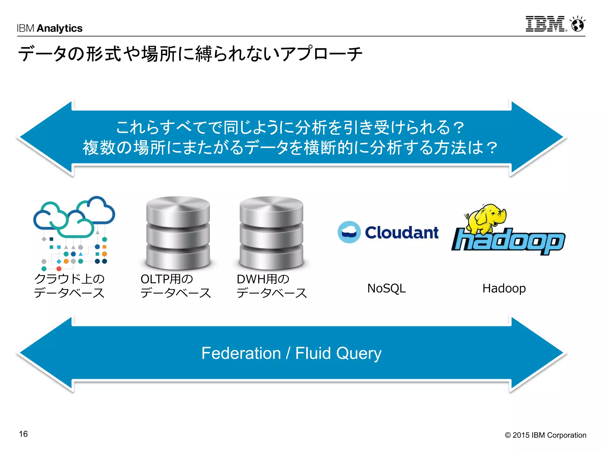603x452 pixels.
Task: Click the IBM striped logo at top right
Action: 545,24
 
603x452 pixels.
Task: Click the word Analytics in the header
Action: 60,28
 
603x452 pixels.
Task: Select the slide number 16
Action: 23,434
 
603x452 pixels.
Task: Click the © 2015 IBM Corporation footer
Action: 545,435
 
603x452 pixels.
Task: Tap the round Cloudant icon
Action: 349,232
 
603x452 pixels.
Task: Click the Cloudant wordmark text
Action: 402,232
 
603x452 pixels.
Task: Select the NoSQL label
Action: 386,288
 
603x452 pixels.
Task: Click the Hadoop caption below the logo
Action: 504,288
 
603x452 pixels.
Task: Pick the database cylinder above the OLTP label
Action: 178,232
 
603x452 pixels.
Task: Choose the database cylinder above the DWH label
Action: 271,232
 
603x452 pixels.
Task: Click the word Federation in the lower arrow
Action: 241,353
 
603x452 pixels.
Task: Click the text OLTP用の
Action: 167,279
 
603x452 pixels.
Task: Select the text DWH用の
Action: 263,279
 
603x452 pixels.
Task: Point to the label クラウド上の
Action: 69,279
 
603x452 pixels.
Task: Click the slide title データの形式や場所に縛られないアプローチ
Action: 190,54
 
